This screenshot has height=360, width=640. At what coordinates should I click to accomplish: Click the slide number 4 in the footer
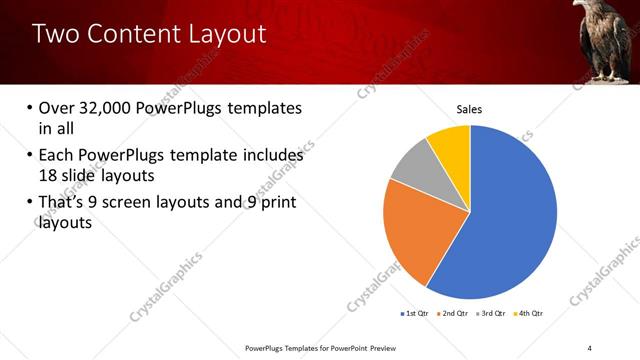(x=590, y=347)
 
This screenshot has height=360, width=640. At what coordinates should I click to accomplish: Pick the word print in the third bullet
(x=277, y=204)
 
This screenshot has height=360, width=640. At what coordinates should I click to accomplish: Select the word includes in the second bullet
(x=269, y=155)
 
